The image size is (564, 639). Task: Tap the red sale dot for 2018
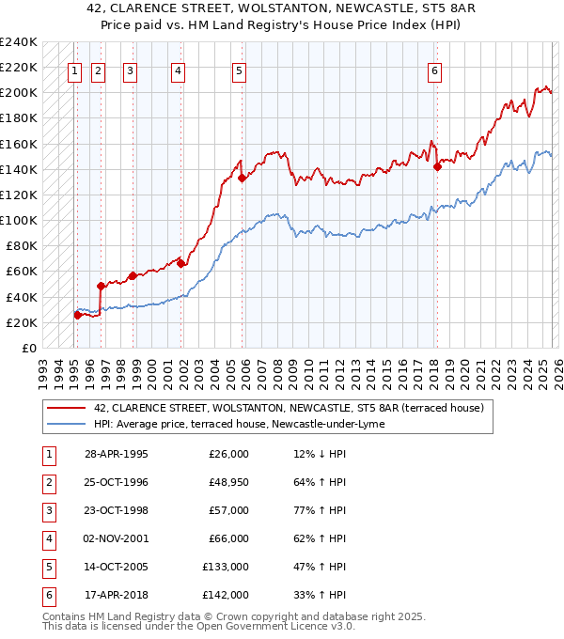[x=437, y=167]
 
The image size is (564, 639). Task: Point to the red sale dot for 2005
[x=243, y=178]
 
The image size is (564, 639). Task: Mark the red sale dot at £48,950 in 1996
[x=101, y=285]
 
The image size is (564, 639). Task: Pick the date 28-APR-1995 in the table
[x=117, y=454]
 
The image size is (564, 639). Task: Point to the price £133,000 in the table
[x=226, y=567]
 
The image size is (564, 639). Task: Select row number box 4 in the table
[x=47, y=538]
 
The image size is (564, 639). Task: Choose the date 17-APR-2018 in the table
[x=117, y=595]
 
